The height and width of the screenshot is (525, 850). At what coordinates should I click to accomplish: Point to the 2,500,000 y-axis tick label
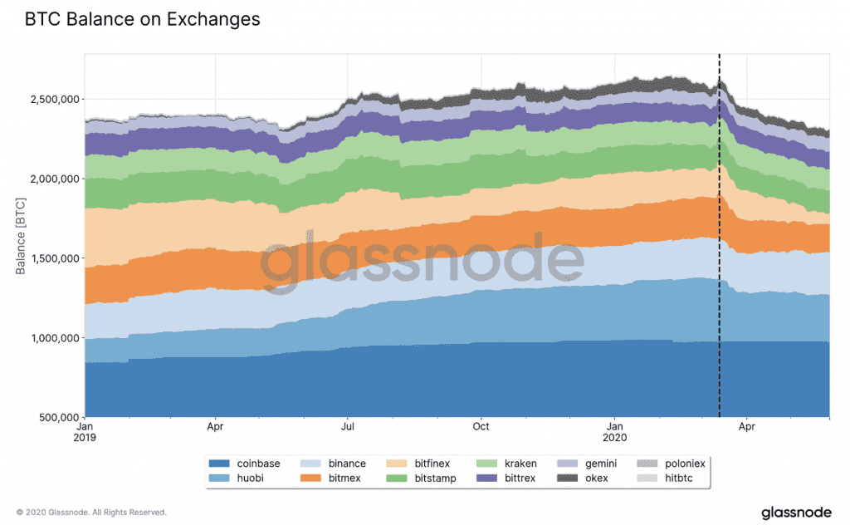[51, 100]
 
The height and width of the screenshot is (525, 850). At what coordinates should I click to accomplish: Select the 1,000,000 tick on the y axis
[51, 338]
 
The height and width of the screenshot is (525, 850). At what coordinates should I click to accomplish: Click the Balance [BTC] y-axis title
[22, 236]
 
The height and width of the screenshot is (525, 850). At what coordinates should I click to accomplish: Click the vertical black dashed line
[719, 249]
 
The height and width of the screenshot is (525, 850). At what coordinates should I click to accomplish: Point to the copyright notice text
[91, 512]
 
